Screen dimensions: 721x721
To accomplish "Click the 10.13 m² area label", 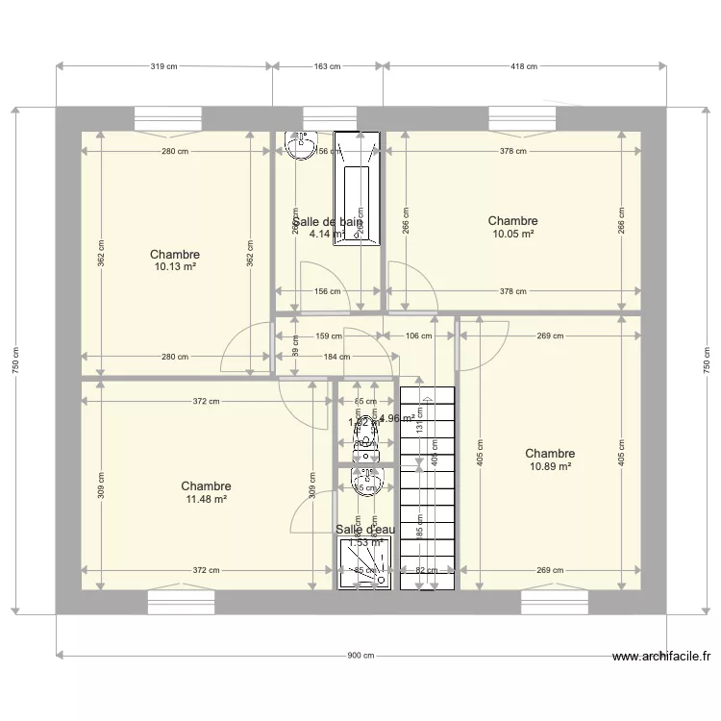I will pos(175,267).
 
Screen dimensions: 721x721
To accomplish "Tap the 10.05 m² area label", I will pos(512,234).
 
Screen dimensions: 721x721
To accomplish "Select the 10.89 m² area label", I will pos(550,466).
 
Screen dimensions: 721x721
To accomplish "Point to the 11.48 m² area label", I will pos(206,499).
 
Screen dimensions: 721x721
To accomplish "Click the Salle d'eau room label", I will pos(364,529).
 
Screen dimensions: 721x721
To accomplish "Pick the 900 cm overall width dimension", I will pos(360,656).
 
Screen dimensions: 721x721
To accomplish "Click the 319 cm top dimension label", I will pos(164,66).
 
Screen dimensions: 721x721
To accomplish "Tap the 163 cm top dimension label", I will pos(328,66).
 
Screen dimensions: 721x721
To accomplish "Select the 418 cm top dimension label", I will pos(524,66).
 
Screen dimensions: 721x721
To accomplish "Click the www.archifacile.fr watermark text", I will pos(661,658).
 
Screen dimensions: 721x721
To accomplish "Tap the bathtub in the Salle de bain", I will pos(357,190).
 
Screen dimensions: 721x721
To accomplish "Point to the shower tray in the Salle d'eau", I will pos(366,562).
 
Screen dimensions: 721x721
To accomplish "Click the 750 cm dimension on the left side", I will pos(15,360).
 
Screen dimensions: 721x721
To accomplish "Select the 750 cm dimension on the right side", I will pos(707,360).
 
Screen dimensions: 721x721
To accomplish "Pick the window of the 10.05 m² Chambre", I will pos(522,118).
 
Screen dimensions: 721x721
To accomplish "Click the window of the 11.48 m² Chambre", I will pos(181,602).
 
